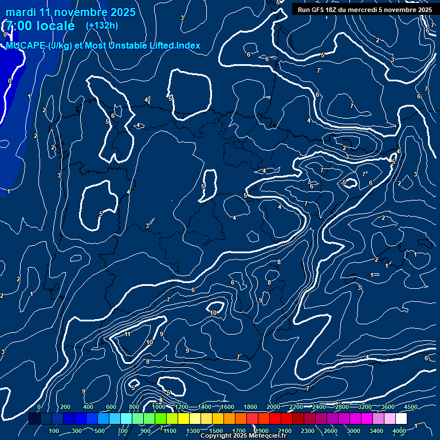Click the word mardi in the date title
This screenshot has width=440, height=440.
click(22, 12)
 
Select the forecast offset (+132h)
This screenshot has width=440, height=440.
click(101, 25)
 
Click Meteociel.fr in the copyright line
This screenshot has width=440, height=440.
click(270, 436)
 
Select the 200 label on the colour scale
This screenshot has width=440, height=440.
click(65, 407)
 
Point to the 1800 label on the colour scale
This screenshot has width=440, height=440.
click(250, 407)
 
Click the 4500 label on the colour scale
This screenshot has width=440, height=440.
click(411, 407)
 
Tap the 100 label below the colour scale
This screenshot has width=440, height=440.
click(54, 431)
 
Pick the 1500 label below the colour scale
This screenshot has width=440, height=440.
click(216, 431)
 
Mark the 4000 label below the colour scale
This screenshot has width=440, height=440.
click(400, 431)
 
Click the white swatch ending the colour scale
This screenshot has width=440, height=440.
click(402, 419)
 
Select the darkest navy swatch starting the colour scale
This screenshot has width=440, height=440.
click(34, 419)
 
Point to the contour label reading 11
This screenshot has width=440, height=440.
click(128, 334)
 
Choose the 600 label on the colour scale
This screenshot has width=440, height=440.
click(111, 407)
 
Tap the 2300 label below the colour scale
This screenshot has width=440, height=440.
click(308, 431)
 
